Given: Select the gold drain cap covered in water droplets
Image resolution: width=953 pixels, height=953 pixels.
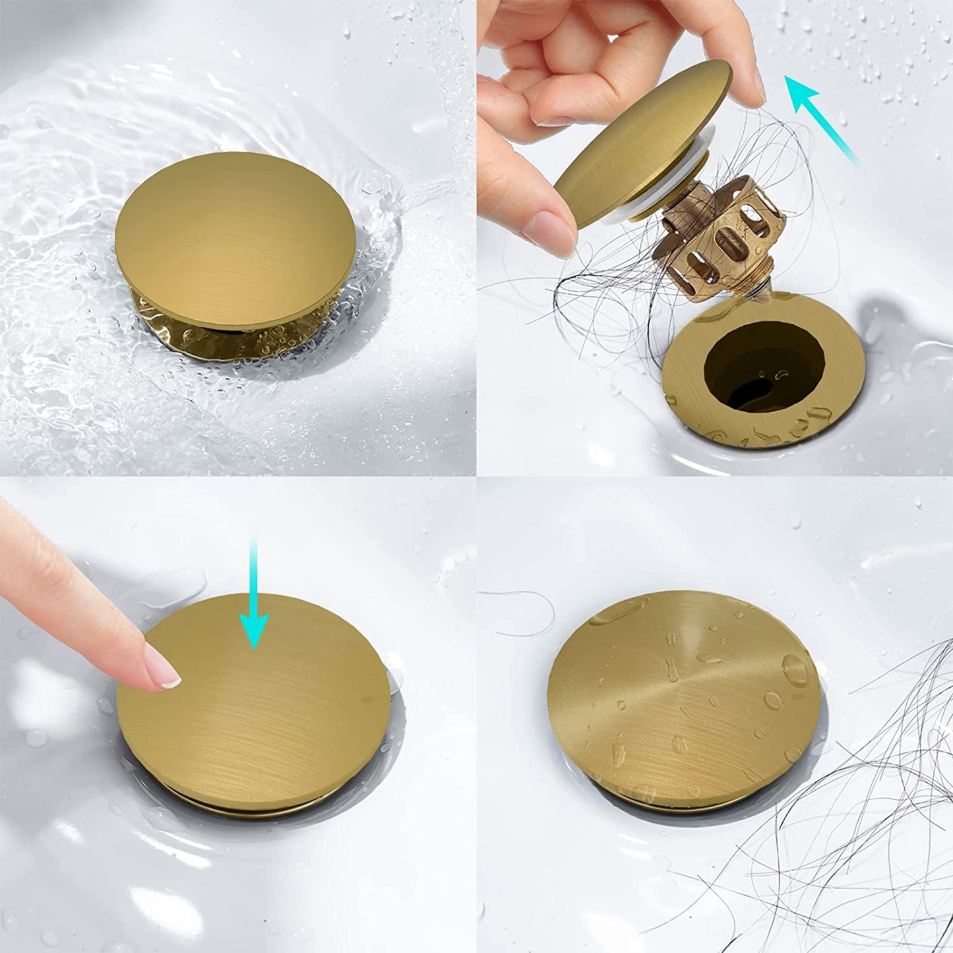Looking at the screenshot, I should coord(686,692).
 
